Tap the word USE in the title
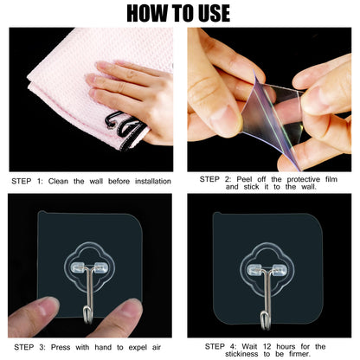pos(215,13)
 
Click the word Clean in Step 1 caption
pos(58,182)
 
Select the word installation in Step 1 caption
pos(153,182)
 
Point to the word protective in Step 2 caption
pos(304,179)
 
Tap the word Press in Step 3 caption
pos(61,347)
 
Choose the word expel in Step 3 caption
pos(138,347)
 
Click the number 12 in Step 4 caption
pos(267,346)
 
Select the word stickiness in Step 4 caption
pos(241,354)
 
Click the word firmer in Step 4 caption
pos(299,354)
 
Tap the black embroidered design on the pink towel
pos(125,130)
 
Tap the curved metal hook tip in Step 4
pos(266,321)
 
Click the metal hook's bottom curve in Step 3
pos(87,315)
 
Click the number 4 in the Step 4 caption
pos(232,346)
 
